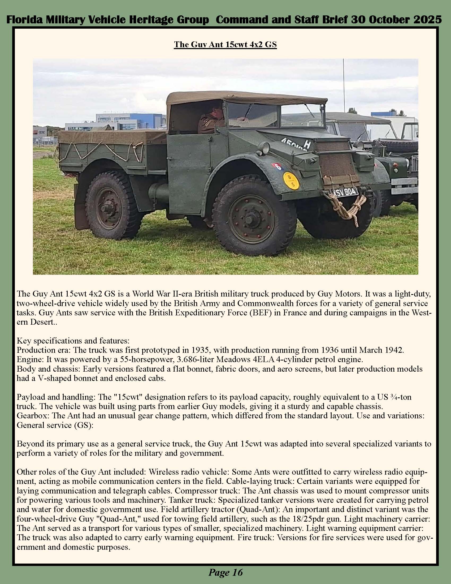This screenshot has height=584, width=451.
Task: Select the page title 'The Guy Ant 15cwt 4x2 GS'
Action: click(x=225, y=44)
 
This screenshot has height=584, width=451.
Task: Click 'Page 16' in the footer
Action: click(x=226, y=572)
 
